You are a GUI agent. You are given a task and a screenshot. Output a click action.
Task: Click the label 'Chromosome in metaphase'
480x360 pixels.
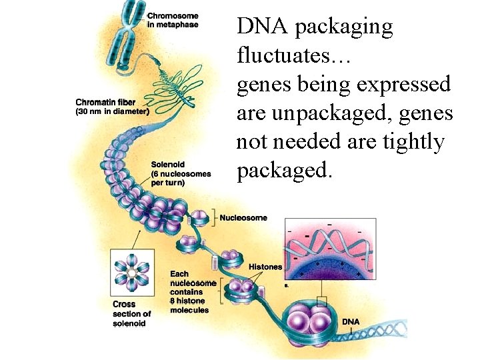point(172,20)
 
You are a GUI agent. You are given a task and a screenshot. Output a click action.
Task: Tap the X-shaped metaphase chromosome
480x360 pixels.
point(130,37)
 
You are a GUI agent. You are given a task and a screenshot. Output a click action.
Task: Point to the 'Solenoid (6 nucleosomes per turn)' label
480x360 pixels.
point(181,173)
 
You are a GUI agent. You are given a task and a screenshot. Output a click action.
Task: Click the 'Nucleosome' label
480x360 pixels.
point(243,217)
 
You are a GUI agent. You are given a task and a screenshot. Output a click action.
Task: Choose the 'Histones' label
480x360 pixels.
point(265,267)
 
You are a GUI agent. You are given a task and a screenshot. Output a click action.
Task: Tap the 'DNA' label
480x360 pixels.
point(351,322)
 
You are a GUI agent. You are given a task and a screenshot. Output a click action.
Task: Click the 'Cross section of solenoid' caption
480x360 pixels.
point(131,314)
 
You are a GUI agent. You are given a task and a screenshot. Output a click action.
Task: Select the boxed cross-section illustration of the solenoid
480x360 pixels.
point(133,273)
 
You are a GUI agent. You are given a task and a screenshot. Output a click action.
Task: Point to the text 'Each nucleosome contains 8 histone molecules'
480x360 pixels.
point(193,291)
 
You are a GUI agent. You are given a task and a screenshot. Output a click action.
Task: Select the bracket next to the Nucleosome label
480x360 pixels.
point(215,217)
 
